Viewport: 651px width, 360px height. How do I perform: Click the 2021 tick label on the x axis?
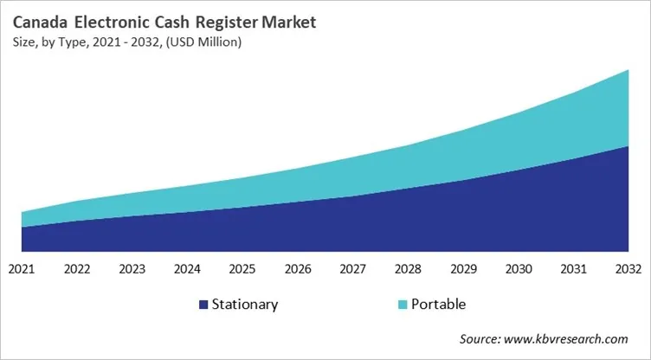click(22, 269)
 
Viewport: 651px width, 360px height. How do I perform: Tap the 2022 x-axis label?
click(77, 269)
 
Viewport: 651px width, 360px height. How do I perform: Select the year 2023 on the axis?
click(132, 269)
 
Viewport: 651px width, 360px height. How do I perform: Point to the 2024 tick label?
click(187, 269)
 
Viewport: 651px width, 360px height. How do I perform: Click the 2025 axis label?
click(242, 269)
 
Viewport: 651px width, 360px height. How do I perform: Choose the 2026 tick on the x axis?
click(298, 269)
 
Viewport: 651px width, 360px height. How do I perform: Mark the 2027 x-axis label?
click(352, 269)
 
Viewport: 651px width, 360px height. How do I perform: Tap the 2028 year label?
click(408, 269)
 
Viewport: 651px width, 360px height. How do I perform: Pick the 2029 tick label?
click(463, 269)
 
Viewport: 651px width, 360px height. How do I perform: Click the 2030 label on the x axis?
click(518, 269)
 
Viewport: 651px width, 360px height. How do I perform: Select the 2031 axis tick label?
click(573, 269)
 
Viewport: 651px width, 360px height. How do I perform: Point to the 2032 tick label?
click(628, 269)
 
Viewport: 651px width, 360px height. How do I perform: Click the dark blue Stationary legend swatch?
click(203, 305)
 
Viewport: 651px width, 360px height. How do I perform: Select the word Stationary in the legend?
click(246, 305)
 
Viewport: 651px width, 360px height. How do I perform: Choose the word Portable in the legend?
click(438, 305)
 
